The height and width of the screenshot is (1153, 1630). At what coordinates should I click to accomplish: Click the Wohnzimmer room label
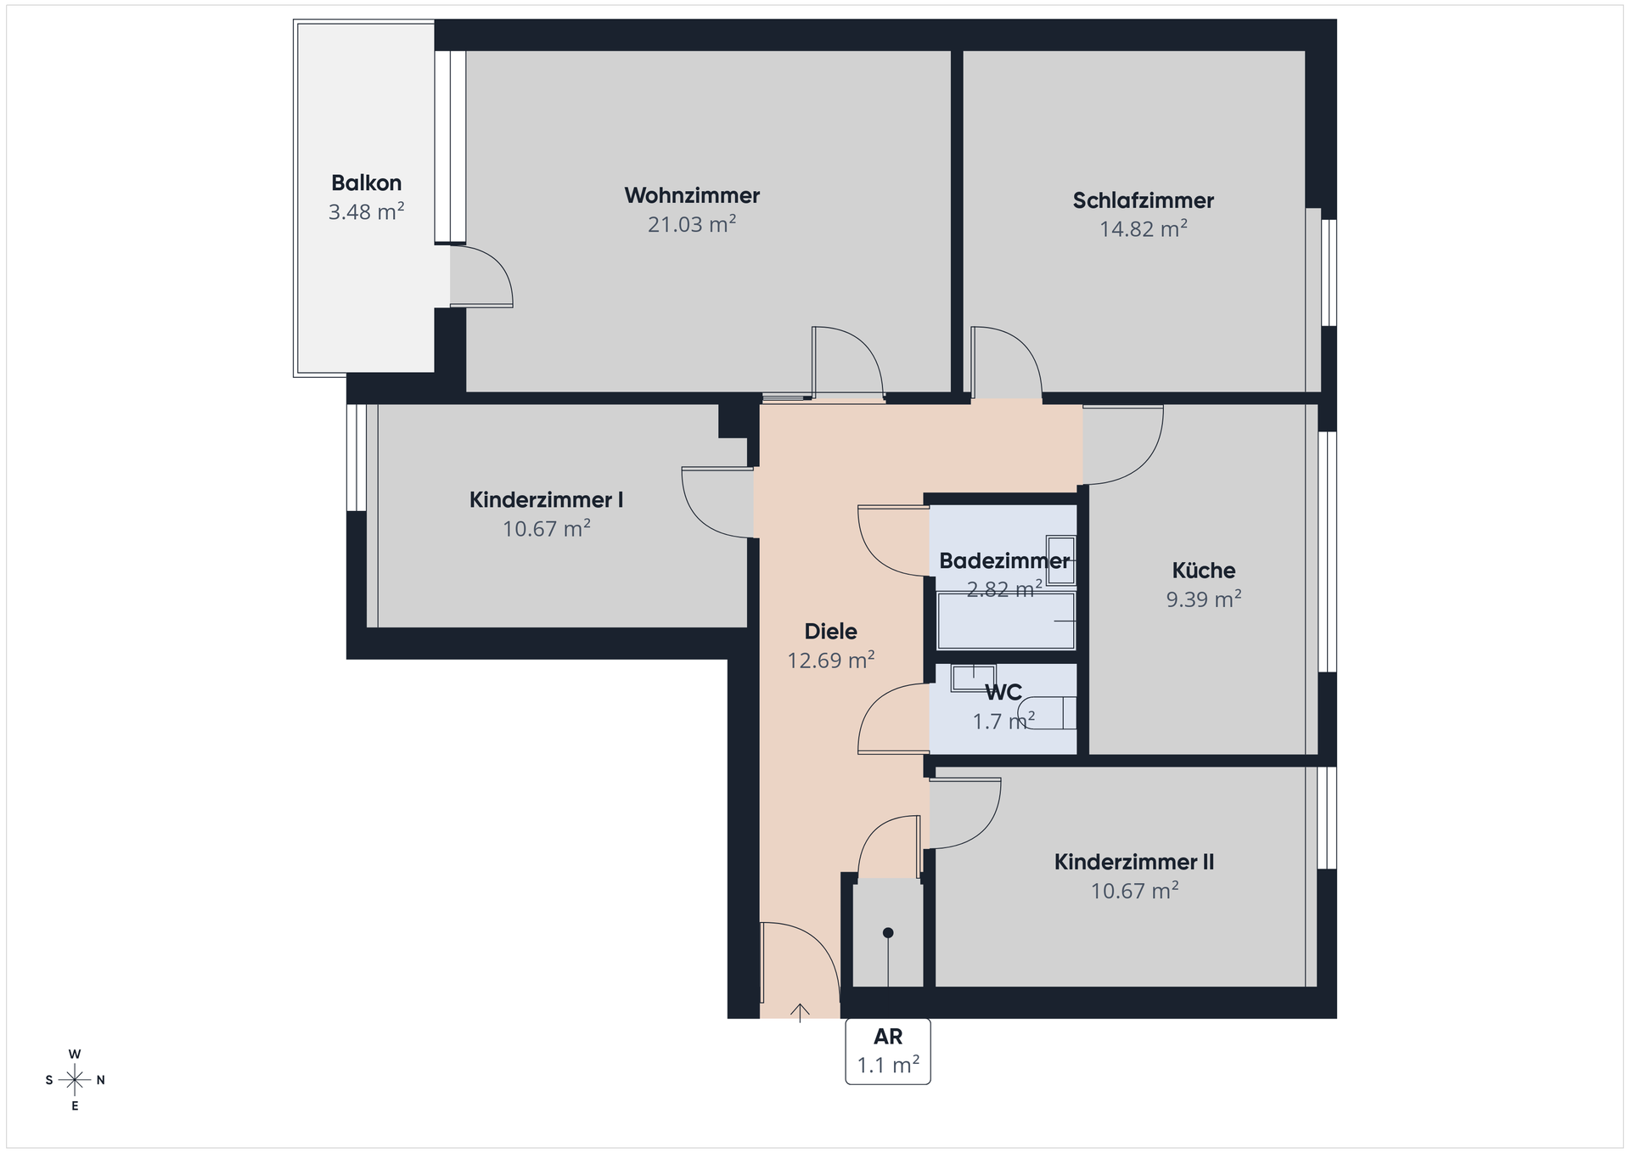pos(692,195)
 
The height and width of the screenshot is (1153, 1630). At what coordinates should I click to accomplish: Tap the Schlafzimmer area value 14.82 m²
pos(1143,229)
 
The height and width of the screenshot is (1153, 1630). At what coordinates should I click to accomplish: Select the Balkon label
pos(366,183)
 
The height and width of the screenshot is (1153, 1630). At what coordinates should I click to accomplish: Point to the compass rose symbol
pos(75,1080)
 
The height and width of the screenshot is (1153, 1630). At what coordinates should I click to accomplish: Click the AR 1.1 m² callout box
pos(888,1051)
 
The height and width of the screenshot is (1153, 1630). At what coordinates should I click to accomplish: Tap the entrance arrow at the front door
pos(800,1011)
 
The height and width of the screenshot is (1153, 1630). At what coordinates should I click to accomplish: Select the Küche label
pos(1204,571)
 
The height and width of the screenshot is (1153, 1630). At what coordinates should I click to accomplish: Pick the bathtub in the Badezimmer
pos(1006,621)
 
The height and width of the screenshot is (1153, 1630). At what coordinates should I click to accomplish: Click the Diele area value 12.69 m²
pos(831,661)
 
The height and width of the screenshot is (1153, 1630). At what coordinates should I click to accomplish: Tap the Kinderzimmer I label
pos(546,500)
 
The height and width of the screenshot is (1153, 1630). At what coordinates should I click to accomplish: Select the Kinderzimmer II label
pos(1134,863)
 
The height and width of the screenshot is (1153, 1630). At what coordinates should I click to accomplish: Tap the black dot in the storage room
pos(888,932)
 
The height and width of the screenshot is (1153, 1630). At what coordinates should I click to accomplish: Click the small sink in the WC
pos(974,678)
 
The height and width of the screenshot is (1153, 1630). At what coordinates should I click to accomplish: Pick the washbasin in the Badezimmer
pos(1060,560)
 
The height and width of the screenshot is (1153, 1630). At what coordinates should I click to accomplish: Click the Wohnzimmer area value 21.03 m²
pos(692,224)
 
